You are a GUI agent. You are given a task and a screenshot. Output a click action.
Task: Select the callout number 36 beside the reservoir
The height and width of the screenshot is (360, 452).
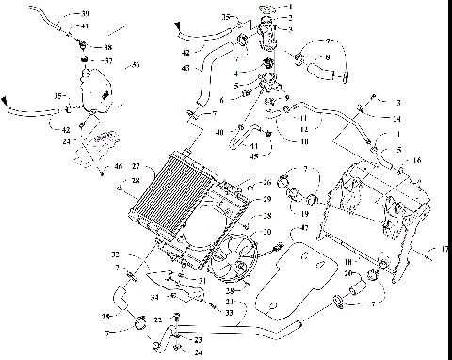(137, 66)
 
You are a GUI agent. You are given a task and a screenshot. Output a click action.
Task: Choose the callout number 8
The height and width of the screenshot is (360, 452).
(328, 58)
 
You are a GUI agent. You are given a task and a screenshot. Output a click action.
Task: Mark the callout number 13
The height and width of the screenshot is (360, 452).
(397, 102)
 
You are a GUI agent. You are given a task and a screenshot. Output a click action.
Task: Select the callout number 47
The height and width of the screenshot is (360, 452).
(304, 229)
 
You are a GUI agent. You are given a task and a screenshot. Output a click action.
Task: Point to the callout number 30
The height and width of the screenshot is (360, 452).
(267, 232)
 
